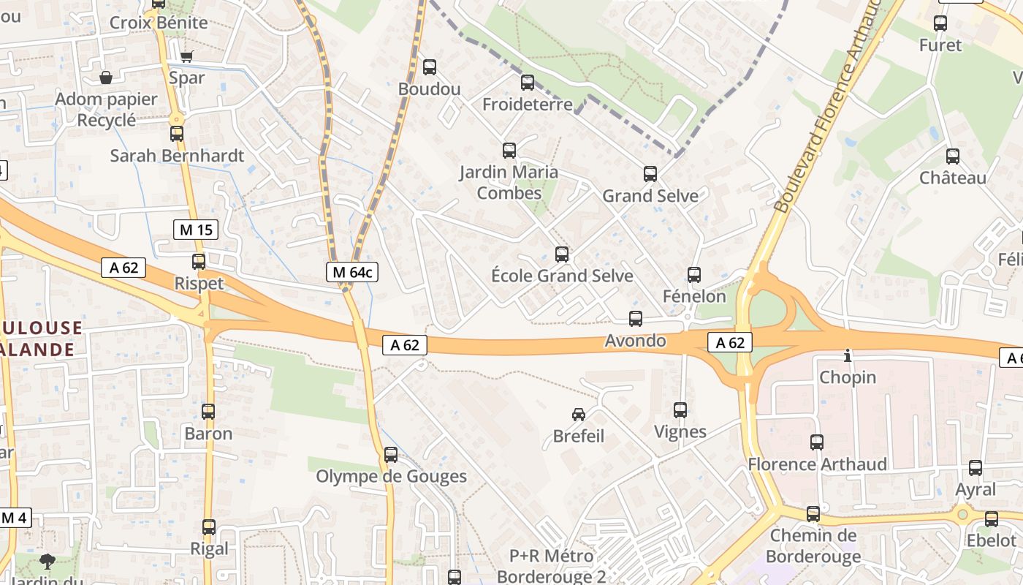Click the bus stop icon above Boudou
point(430,67)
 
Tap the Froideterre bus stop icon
point(528,83)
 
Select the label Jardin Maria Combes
point(509,183)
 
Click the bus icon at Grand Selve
point(650,174)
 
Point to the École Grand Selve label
point(562,276)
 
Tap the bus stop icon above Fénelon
point(694,275)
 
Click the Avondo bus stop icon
point(636,319)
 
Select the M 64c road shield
point(352,273)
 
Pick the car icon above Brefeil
point(579,415)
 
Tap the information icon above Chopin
point(848,356)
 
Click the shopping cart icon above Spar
point(186,56)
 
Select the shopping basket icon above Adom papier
point(107,78)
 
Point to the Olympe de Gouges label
point(391,477)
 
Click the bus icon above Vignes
point(680,410)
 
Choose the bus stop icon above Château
point(953,156)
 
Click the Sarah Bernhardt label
point(177,156)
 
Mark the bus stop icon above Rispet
point(199,262)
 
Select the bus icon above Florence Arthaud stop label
point(817,442)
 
